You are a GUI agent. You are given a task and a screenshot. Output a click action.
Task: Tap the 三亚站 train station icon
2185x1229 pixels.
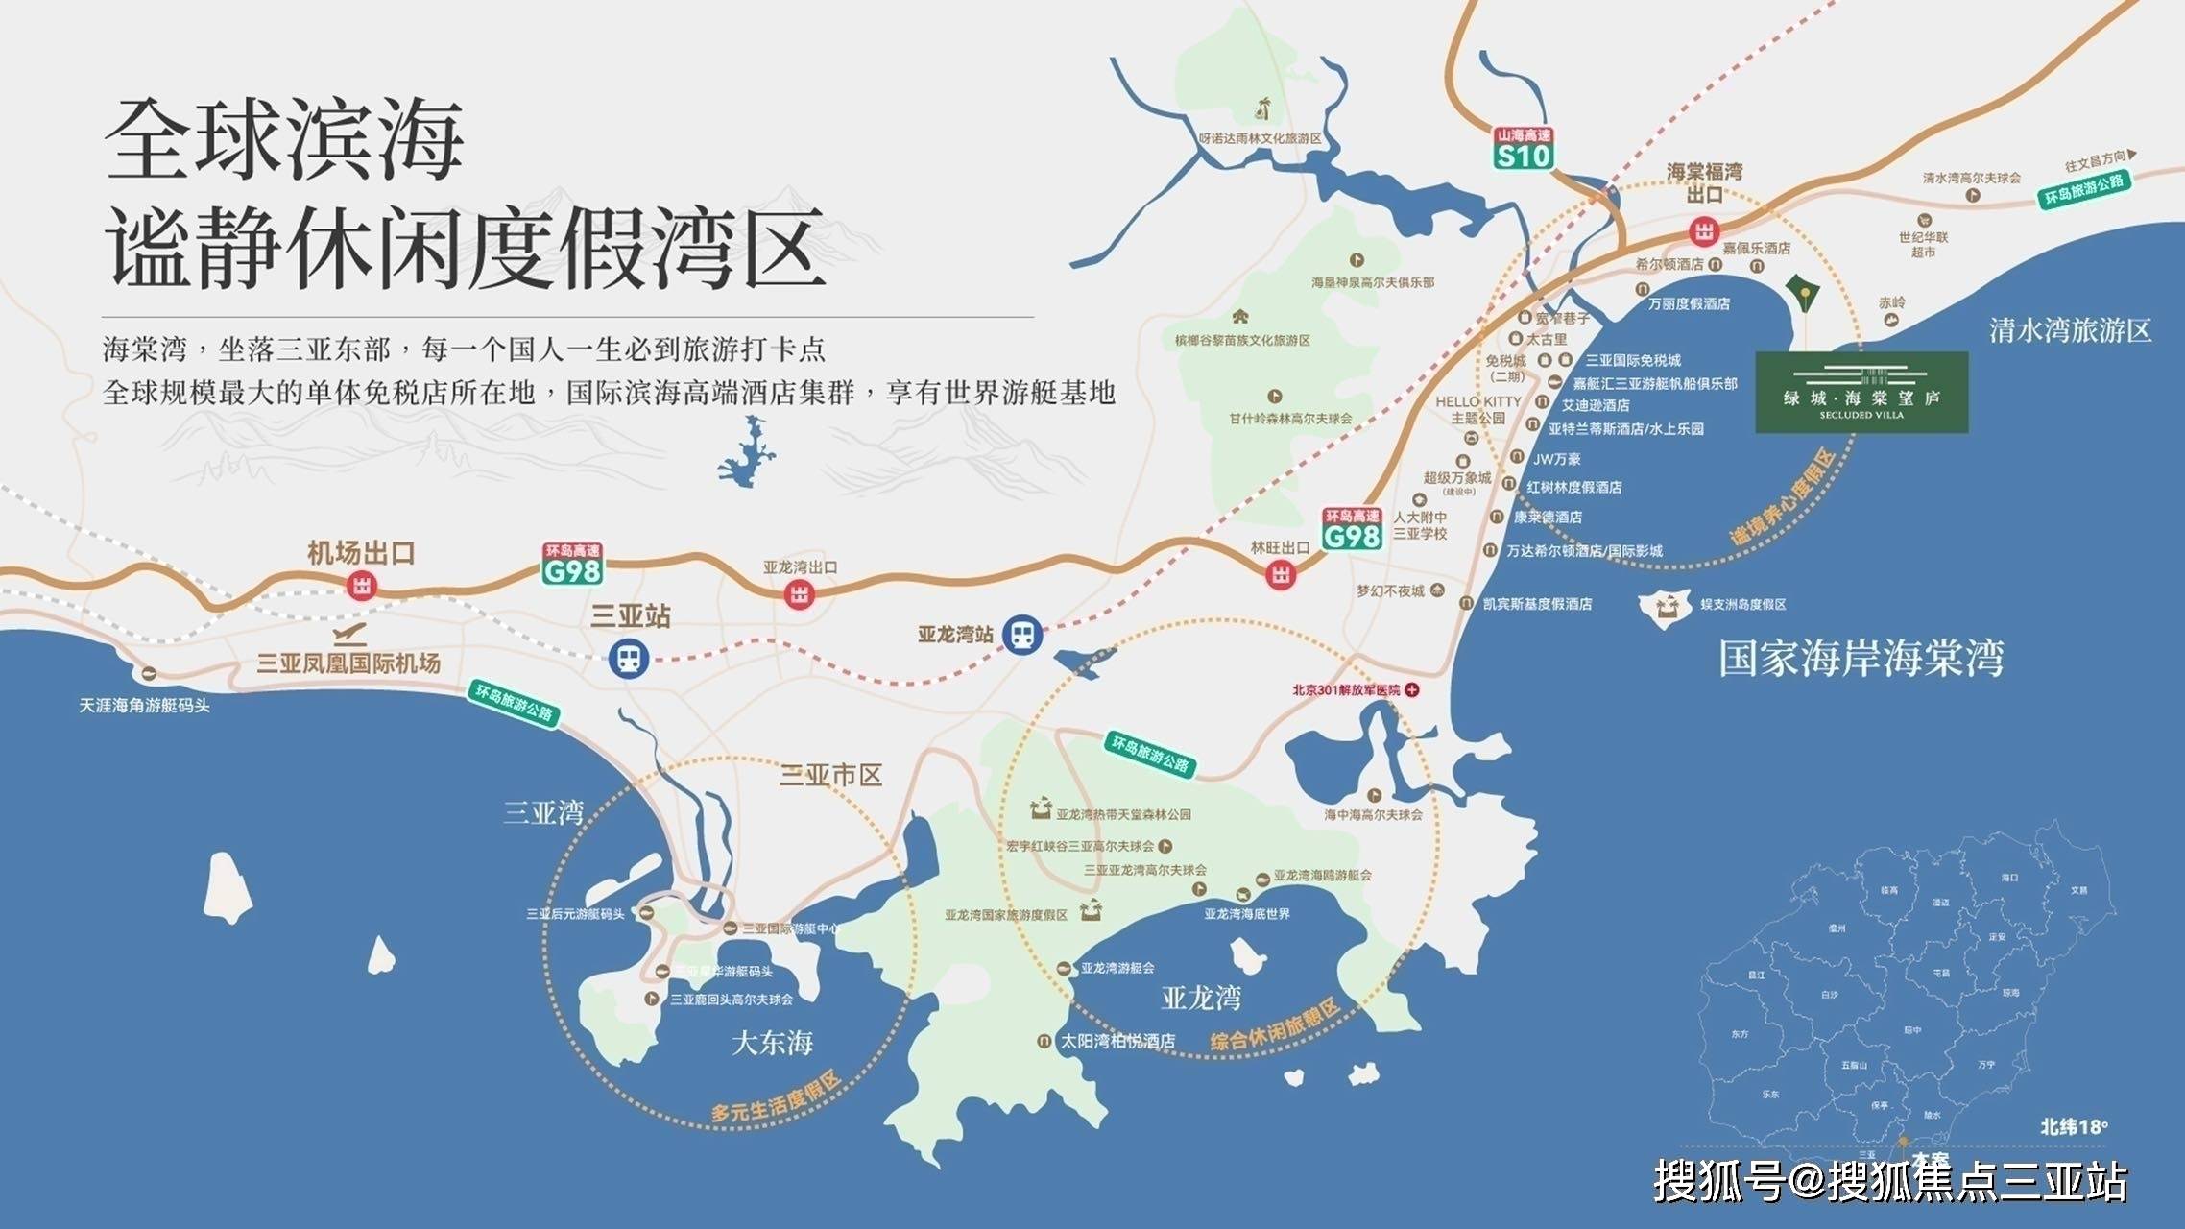coord(629,659)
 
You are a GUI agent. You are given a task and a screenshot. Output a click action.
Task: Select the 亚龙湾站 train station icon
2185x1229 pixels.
coord(1022,635)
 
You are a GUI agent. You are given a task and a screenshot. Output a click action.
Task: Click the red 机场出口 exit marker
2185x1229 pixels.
coord(362,585)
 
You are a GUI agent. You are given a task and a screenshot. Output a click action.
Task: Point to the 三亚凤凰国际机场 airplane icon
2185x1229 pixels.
coord(350,635)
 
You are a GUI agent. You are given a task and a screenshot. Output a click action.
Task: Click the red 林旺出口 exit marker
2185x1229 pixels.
coord(1281,575)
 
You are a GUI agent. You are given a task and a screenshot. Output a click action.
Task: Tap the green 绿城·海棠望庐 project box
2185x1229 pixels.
coord(1861,392)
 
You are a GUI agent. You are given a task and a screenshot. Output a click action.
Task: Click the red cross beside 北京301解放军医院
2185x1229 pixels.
coord(1412,689)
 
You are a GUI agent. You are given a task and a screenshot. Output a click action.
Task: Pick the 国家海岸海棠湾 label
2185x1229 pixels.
coord(1861,660)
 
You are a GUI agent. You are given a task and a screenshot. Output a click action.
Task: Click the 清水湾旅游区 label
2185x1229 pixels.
coord(2070,331)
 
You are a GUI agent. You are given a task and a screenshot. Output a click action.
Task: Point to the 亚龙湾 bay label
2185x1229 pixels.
coord(1201,999)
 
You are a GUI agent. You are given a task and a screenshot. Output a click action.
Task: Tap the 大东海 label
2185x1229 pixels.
coord(772,1043)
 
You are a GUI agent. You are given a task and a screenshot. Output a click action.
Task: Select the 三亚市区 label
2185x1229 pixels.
coord(830,776)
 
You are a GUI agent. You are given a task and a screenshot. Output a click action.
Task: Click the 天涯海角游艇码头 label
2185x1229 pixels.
coord(144,706)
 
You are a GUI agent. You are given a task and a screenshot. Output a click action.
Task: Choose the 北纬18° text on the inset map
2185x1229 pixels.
coord(2074,1126)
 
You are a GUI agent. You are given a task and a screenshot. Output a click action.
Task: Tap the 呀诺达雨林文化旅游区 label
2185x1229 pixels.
coord(1260,138)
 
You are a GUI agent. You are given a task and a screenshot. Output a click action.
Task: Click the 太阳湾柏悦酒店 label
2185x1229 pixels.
coord(1117,1041)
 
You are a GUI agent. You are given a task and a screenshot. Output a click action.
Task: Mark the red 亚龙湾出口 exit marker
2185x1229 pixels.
coord(799,594)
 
